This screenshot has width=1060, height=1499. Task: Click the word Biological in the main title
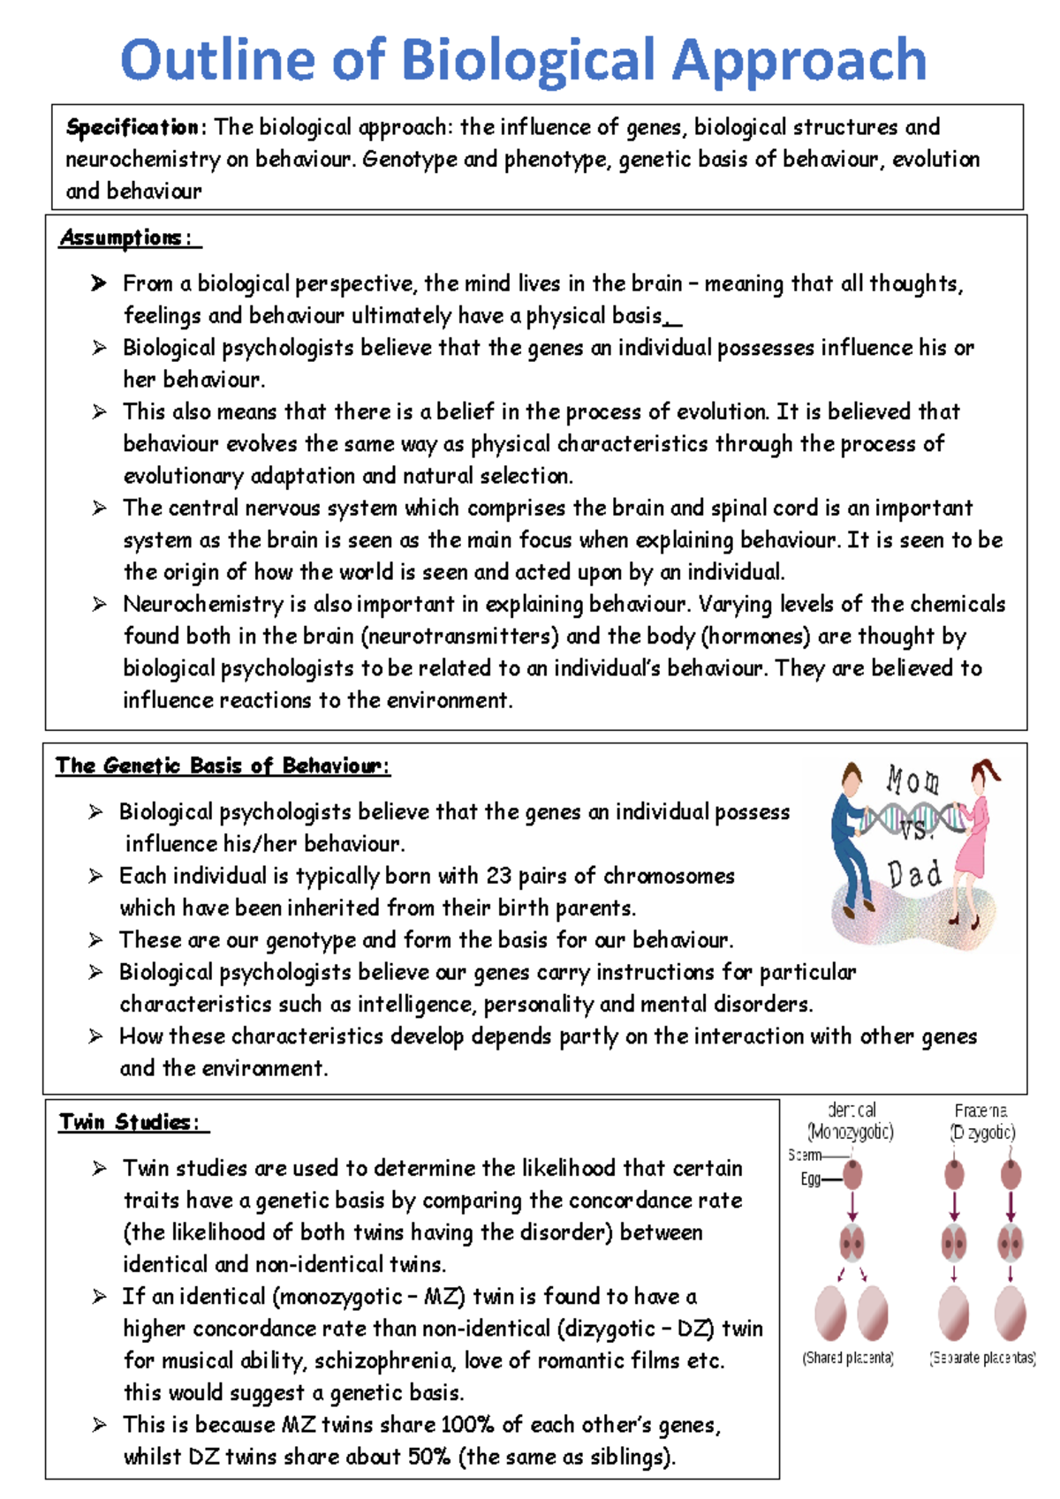(x=527, y=61)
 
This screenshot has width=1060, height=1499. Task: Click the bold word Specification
(x=132, y=127)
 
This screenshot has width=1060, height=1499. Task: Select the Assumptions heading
(x=122, y=237)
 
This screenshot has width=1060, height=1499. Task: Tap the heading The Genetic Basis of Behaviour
(x=221, y=765)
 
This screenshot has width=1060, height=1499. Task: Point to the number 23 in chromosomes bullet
(x=498, y=876)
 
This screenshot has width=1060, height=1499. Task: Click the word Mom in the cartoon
(x=912, y=781)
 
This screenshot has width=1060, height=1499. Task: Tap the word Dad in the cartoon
(x=913, y=875)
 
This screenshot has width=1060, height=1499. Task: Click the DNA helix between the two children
(x=910, y=819)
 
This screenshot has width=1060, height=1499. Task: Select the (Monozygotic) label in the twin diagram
(x=850, y=1132)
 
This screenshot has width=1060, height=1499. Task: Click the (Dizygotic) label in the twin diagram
(x=982, y=1132)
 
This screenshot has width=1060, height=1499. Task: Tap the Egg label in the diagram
(x=810, y=1179)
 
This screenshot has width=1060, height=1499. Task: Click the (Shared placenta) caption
(x=848, y=1358)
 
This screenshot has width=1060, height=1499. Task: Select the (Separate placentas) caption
(x=982, y=1358)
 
